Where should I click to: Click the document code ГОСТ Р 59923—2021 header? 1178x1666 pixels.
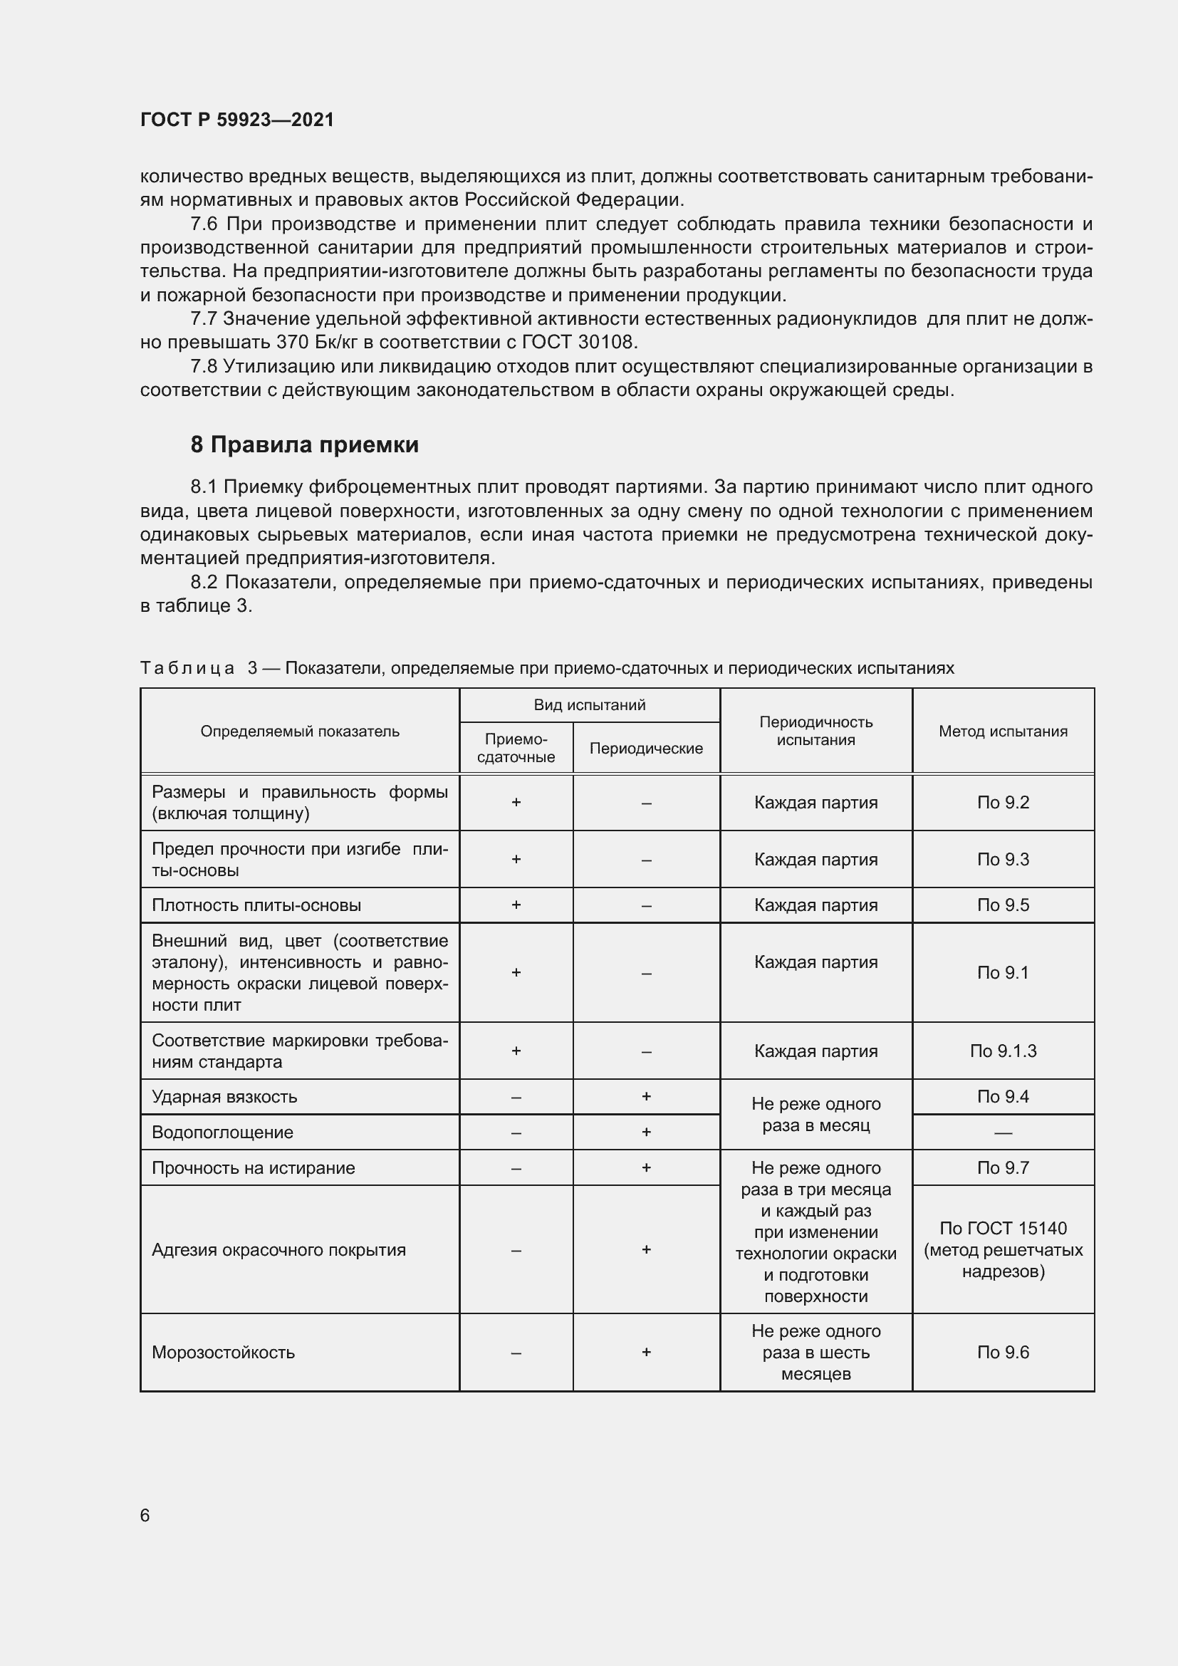click(x=236, y=120)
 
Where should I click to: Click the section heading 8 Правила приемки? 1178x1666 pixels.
click(x=305, y=444)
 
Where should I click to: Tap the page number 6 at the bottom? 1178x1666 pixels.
click(x=145, y=1515)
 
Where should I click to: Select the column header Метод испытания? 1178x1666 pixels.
click(x=1003, y=731)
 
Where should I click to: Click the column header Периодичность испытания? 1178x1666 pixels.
click(x=815, y=731)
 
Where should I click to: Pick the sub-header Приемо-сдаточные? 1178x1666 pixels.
click(x=516, y=747)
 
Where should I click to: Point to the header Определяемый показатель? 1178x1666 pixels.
click(x=300, y=731)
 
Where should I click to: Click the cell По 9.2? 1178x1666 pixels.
click(x=1003, y=802)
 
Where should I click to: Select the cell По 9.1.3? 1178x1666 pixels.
click(x=1003, y=1051)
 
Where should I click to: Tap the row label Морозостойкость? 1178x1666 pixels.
click(x=224, y=1353)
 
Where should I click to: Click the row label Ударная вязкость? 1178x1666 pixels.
click(x=224, y=1096)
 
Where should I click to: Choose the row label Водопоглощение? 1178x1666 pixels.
click(x=222, y=1132)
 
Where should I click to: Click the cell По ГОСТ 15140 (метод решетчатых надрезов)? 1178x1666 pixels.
click(x=1003, y=1249)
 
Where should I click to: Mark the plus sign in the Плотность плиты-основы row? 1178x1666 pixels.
click(x=516, y=905)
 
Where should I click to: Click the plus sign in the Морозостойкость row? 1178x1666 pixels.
click(x=645, y=1352)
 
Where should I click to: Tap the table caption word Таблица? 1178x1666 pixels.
click(x=187, y=667)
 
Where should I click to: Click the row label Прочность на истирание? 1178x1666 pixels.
click(x=253, y=1167)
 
